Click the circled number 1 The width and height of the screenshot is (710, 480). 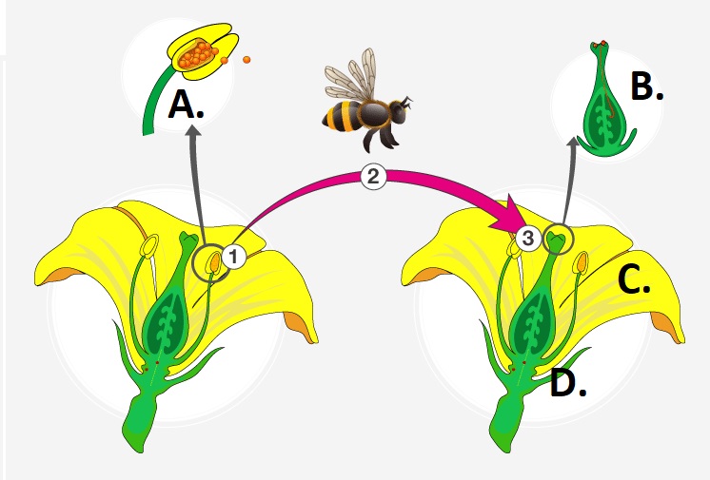coord(234,255)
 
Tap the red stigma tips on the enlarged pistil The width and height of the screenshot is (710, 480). coord(601,45)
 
